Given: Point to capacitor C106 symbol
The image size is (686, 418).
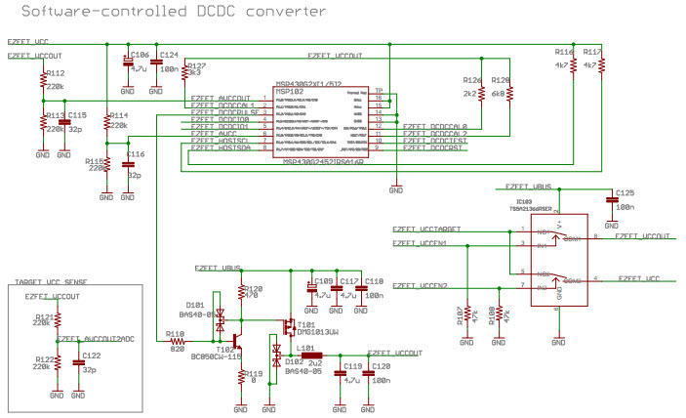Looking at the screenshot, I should [x=128, y=61].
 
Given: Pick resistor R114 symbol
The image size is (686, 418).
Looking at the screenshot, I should [x=106, y=125].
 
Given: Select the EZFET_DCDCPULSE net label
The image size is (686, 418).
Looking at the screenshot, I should [x=224, y=112].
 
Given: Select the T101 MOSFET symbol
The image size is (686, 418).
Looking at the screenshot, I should [x=290, y=324].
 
